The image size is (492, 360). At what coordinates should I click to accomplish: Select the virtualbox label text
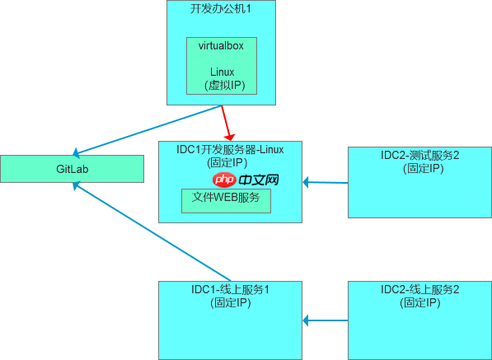click(222, 45)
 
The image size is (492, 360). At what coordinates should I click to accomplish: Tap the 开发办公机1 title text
click(221, 8)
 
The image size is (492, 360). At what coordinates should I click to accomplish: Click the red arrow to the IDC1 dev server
click(228, 122)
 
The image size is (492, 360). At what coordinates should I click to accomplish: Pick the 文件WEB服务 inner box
click(226, 199)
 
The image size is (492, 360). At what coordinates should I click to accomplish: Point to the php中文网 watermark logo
click(246, 180)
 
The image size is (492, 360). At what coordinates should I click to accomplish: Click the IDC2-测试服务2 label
click(419, 156)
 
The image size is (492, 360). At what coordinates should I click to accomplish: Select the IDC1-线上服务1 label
click(230, 289)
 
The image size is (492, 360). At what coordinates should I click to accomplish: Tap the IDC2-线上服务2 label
click(419, 289)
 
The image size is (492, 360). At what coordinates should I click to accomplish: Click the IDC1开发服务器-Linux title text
click(230, 149)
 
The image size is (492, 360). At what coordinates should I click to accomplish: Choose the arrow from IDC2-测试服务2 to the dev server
click(326, 182)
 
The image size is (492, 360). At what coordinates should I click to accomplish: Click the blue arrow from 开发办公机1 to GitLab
click(148, 130)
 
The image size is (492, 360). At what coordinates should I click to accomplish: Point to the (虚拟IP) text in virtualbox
click(222, 84)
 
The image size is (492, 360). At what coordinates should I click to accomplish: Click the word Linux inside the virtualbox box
click(222, 72)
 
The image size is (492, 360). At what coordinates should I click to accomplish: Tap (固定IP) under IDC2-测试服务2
click(419, 168)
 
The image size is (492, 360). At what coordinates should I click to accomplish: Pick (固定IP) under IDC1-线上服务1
click(230, 302)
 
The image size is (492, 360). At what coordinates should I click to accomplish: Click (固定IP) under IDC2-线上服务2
click(419, 302)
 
